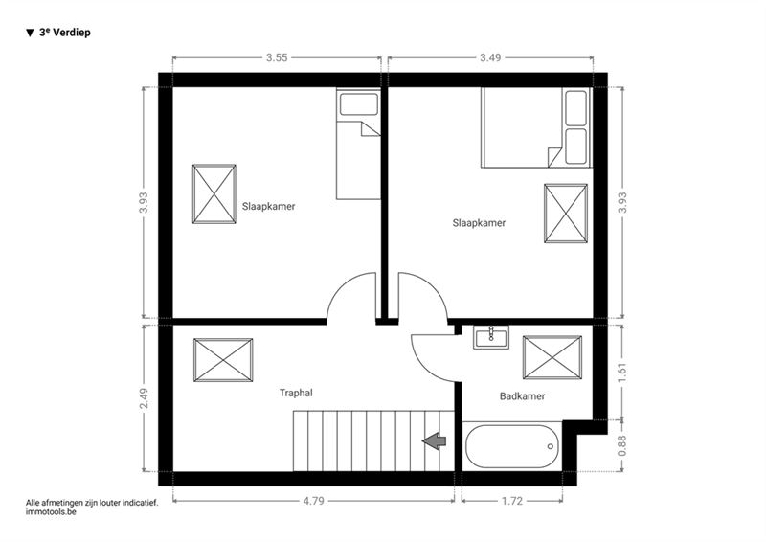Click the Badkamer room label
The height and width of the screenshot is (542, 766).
522,396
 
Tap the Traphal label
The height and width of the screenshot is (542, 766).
296,393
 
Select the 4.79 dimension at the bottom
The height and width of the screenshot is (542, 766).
313,501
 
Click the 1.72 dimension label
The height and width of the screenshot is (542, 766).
512,501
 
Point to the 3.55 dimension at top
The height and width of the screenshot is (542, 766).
277,57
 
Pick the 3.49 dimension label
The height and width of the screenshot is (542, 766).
490,57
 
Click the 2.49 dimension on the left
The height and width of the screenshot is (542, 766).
144,398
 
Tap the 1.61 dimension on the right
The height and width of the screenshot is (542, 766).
621,373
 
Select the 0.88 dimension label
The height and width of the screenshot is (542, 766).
621,445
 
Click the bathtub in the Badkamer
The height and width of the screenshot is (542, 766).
512,446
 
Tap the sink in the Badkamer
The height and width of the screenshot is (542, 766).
491,337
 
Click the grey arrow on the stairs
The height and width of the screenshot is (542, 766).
435,440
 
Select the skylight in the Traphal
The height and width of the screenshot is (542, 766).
223,360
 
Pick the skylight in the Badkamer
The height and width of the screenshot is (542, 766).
552,357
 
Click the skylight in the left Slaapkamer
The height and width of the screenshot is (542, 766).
214,194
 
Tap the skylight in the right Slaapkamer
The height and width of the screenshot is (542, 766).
566,214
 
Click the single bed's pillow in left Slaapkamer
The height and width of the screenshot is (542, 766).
359,104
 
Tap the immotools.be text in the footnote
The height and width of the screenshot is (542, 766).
51,512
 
